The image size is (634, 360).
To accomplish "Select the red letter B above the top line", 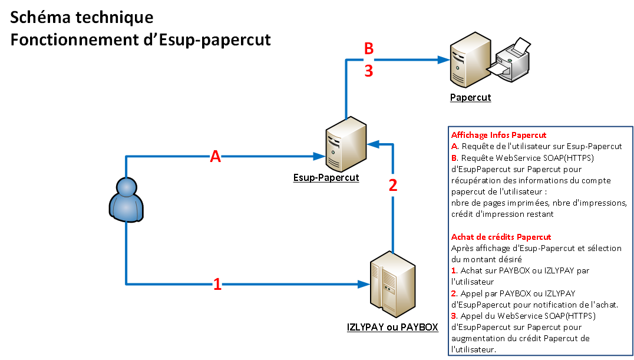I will click(369, 48).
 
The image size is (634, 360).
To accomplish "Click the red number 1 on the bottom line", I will click(217, 285).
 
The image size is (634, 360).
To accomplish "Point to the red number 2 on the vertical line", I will click(393, 185).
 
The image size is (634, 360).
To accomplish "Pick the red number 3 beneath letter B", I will click(369, 71).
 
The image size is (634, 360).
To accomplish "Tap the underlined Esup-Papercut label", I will click(326, 177).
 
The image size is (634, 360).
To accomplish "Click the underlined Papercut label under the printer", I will click(470, 97).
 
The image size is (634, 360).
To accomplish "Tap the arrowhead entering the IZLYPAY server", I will click(363, 285).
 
